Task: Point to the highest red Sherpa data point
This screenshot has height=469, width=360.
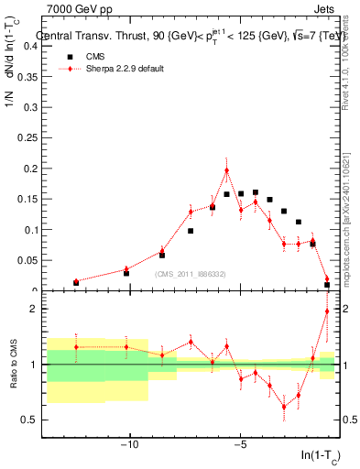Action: (226, 169)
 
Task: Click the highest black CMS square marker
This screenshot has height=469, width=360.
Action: (255, 192)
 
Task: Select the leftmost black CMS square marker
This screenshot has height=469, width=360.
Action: (75, 282)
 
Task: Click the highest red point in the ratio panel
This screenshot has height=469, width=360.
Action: (327, 311)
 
